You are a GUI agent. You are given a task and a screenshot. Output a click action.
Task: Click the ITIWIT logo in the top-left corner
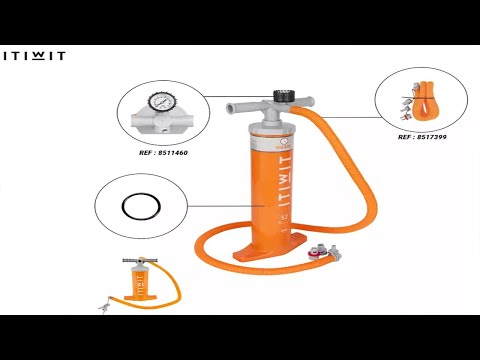pyautogui.click(x=34, y=56)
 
